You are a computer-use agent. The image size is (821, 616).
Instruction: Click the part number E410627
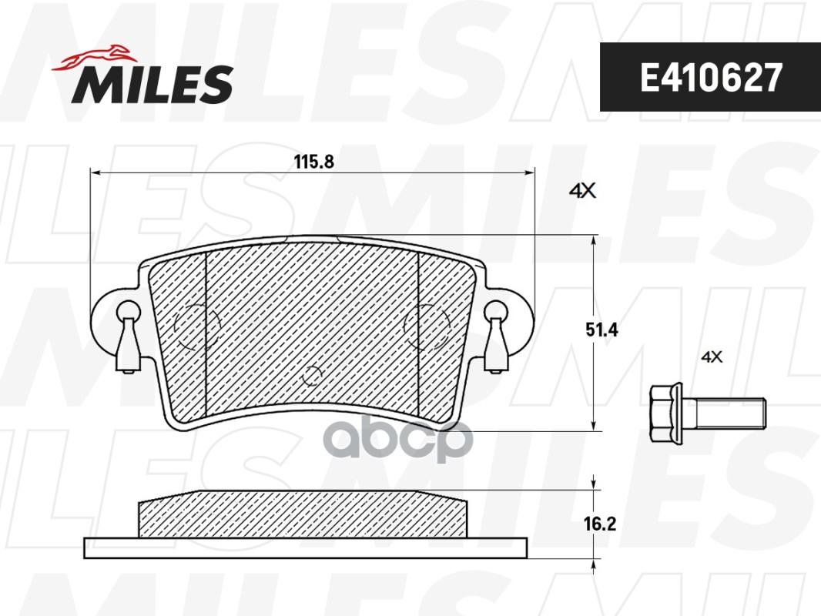tap(711, 77)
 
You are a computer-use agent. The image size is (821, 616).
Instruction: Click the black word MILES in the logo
tap(152, 84)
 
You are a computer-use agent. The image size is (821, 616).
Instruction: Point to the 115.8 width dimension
tap(313, 162)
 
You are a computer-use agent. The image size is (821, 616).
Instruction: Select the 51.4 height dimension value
tap(602, 330)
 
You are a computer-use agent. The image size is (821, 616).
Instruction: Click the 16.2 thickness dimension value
tap(600, 524)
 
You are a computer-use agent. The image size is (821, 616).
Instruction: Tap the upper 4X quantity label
tap(582, 191)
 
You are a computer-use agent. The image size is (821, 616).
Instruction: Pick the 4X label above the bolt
tap(712, 357)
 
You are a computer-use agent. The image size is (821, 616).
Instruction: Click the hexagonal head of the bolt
tap(666, 412)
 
